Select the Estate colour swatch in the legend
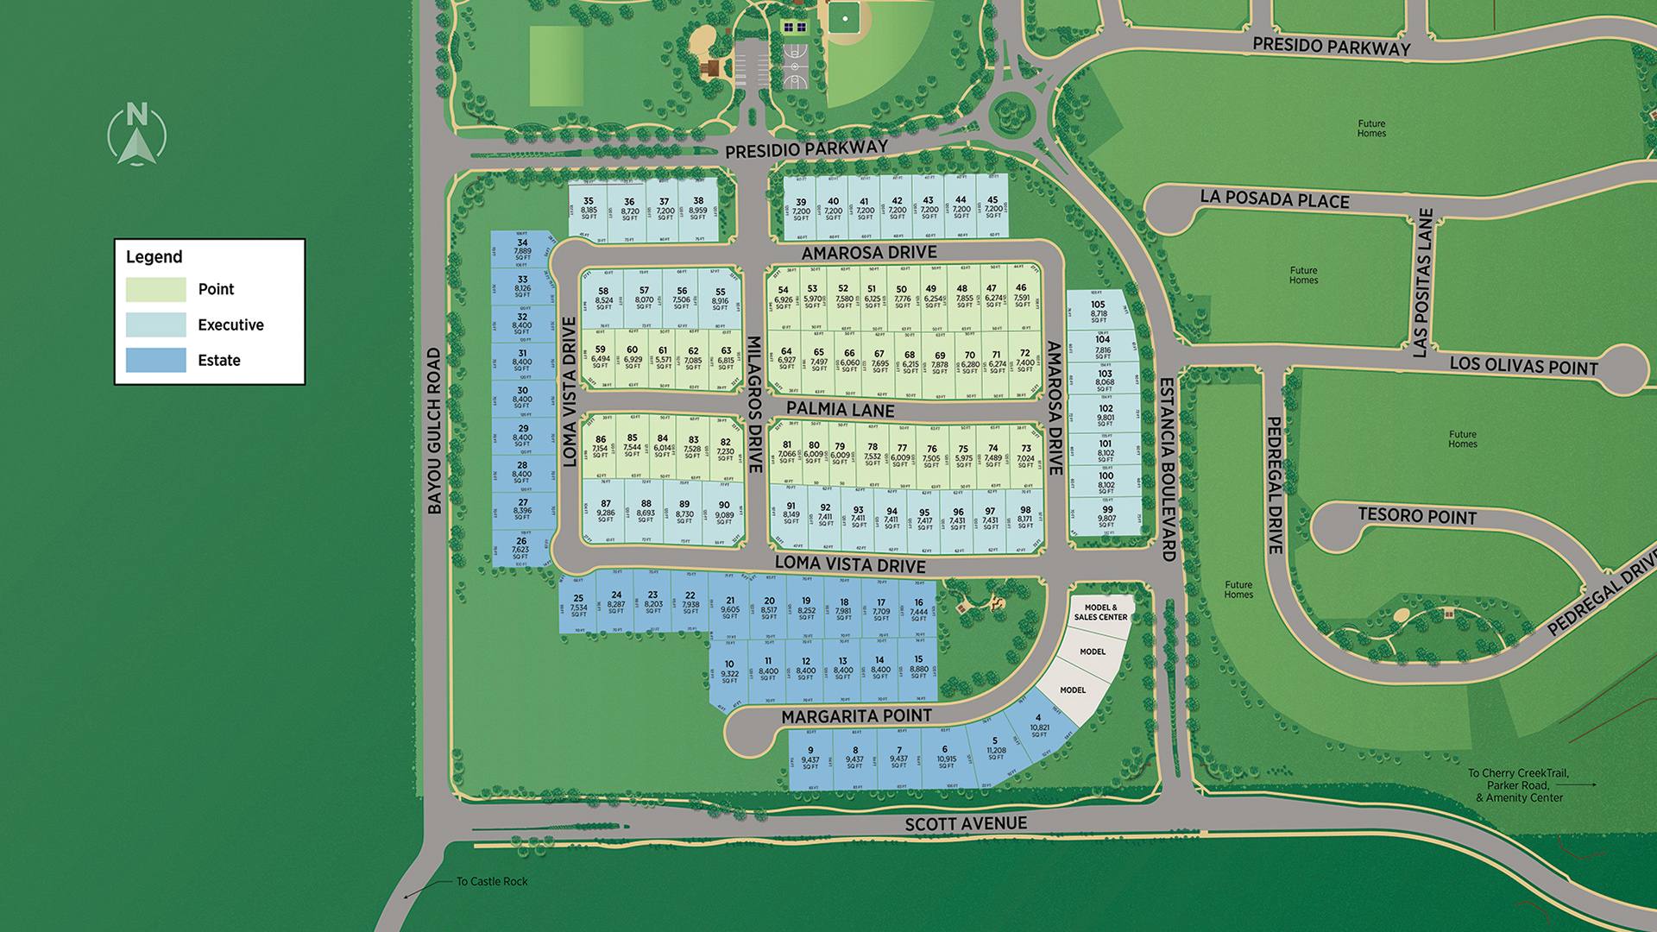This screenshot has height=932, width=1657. [155, 360]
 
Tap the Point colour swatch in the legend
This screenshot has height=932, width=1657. [155, 289]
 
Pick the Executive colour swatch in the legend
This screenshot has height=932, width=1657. [155, 324]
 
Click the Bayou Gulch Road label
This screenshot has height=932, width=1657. [434, 431]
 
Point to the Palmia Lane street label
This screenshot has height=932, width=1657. [840, 409]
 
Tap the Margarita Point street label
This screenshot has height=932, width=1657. [856, 716]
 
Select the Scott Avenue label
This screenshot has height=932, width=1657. [966, 824]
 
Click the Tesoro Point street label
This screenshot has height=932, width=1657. [1417, 516]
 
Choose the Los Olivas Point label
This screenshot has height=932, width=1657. [1523, 365]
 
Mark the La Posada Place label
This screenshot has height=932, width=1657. [1274, 198]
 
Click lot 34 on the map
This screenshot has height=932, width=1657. [522, 249]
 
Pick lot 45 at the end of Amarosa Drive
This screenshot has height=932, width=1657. [992, 207]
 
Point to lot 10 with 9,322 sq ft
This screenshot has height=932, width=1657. [729, 671]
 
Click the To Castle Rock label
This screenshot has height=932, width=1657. [491, 881]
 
